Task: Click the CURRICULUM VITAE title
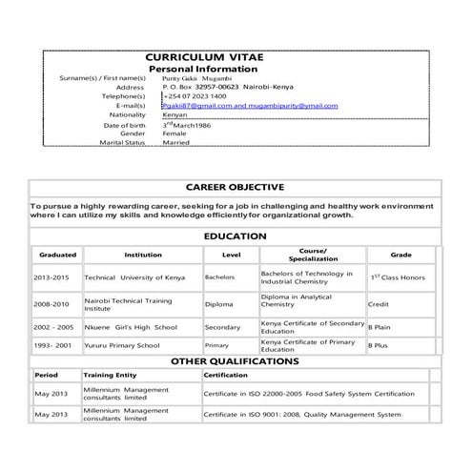pyautogui.click(x=203, y=58)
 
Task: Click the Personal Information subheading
pyautogui.click(x=203, y=70)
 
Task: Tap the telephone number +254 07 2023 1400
pyautogui.click(x=195, y=96)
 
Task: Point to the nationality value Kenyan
pyautogui.click(x=176, y=114)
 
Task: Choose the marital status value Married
pyautogui.click(x=176, y=143)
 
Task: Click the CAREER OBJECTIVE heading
pyautogui.click(x=235, y=187)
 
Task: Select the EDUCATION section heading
pyautogui.click(x=235, y=236)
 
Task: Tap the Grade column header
pyautogui.click(x=400, y=256)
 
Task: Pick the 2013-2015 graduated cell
pyautogui.click(x=51, y=277)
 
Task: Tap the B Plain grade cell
pyautogui.click(x=381, y=327)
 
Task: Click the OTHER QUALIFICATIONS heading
pyautogui.click(x=235, y=361)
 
